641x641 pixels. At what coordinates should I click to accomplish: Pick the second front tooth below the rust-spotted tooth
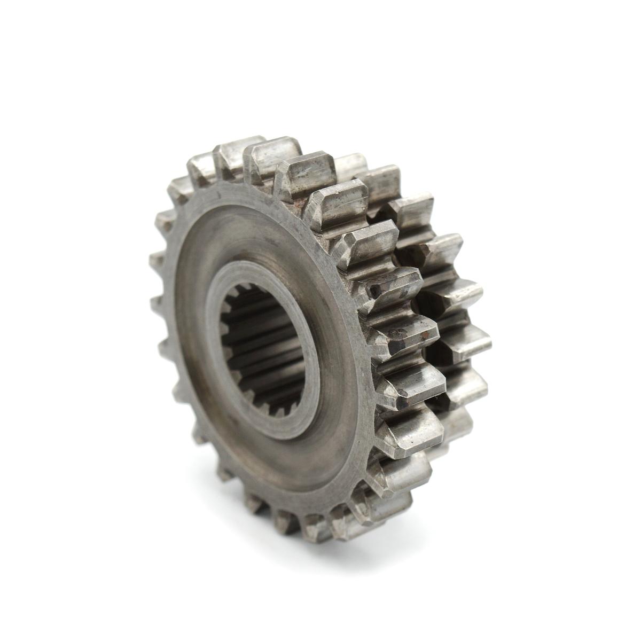(x=411, y=427)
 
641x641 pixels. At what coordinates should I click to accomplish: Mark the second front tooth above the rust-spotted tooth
(x=374, y=235)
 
